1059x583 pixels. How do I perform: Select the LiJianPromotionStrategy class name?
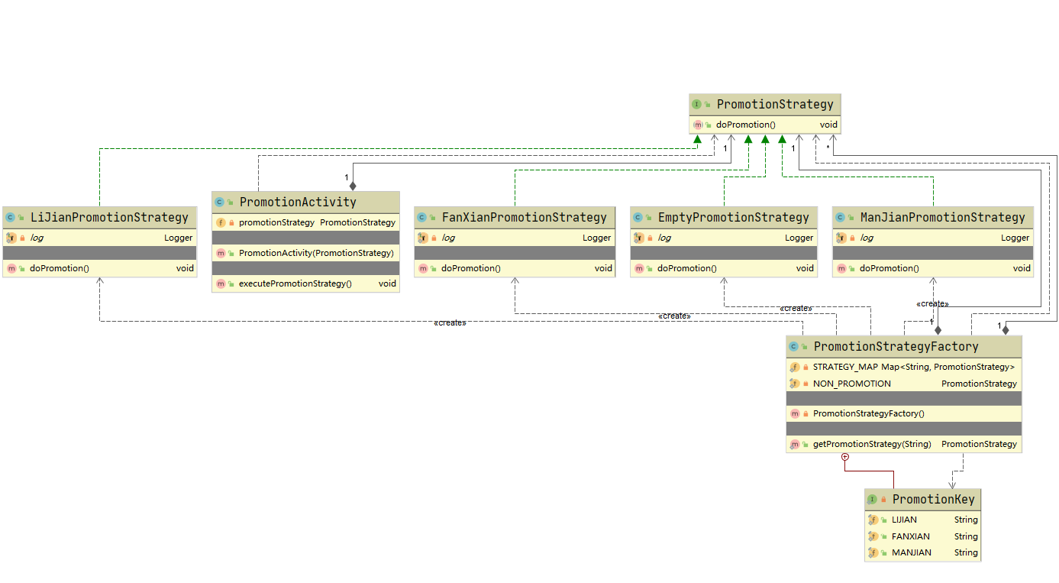click(x=108, y=218)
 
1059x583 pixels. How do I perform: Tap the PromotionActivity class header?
click(x=298, y=202)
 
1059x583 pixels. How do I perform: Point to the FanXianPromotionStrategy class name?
click(x=524, y=218)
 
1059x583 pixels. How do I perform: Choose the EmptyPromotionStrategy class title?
click(x=733, y=218)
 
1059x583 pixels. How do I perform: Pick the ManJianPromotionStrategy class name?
click(x=942, y=218)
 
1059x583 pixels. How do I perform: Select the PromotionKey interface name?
click(x=934, y=500)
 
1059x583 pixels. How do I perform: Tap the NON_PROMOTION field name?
click(x=851, y=384)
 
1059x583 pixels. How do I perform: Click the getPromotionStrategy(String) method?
click(x=872, y=444)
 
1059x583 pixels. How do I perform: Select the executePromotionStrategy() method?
click(x=295, y=283)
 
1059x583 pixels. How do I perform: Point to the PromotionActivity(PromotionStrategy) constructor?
click(x=315, y=253)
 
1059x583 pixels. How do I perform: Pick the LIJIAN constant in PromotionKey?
click(x=904, y=520)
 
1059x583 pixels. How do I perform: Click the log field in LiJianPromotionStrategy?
click(x=37, y=238)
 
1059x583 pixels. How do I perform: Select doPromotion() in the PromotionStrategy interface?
click(x=745, y=125)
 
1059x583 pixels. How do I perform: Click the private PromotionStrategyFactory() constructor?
click(x=868, y=413)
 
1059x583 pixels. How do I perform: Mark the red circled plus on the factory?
click(x=844, y=457)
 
